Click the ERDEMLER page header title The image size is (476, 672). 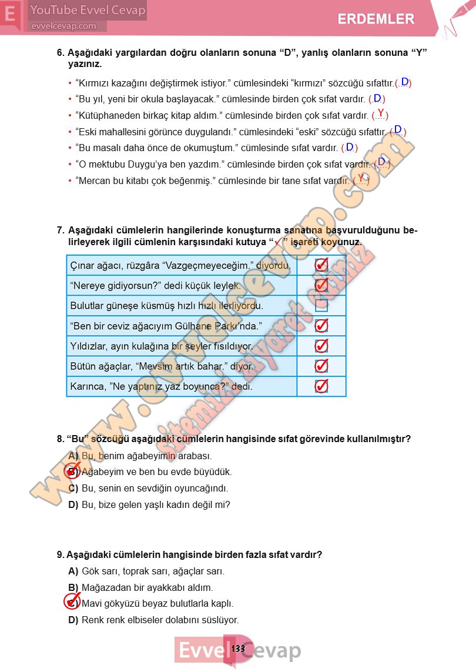point(376,19)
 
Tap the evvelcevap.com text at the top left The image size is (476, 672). point(63,26)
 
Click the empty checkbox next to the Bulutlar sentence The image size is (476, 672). point(321,306)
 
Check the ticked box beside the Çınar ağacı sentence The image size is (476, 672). point(321,265)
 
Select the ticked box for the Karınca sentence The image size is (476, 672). point(321,386)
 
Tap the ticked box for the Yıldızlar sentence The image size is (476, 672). point(321,346)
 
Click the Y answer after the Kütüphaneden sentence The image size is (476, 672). point(381,113)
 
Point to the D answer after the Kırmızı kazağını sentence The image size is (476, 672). point(404,82)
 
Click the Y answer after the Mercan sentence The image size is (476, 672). point(361,178)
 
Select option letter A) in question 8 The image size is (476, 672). point(73,456)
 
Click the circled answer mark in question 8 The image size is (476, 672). point(72,471)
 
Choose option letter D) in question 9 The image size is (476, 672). point(73,620)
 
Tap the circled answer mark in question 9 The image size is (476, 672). point(72,602)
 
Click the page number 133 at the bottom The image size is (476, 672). point(238,648)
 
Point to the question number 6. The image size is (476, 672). point(61,52)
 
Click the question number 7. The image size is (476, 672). point(61,230)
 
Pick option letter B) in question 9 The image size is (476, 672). point(73,587)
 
